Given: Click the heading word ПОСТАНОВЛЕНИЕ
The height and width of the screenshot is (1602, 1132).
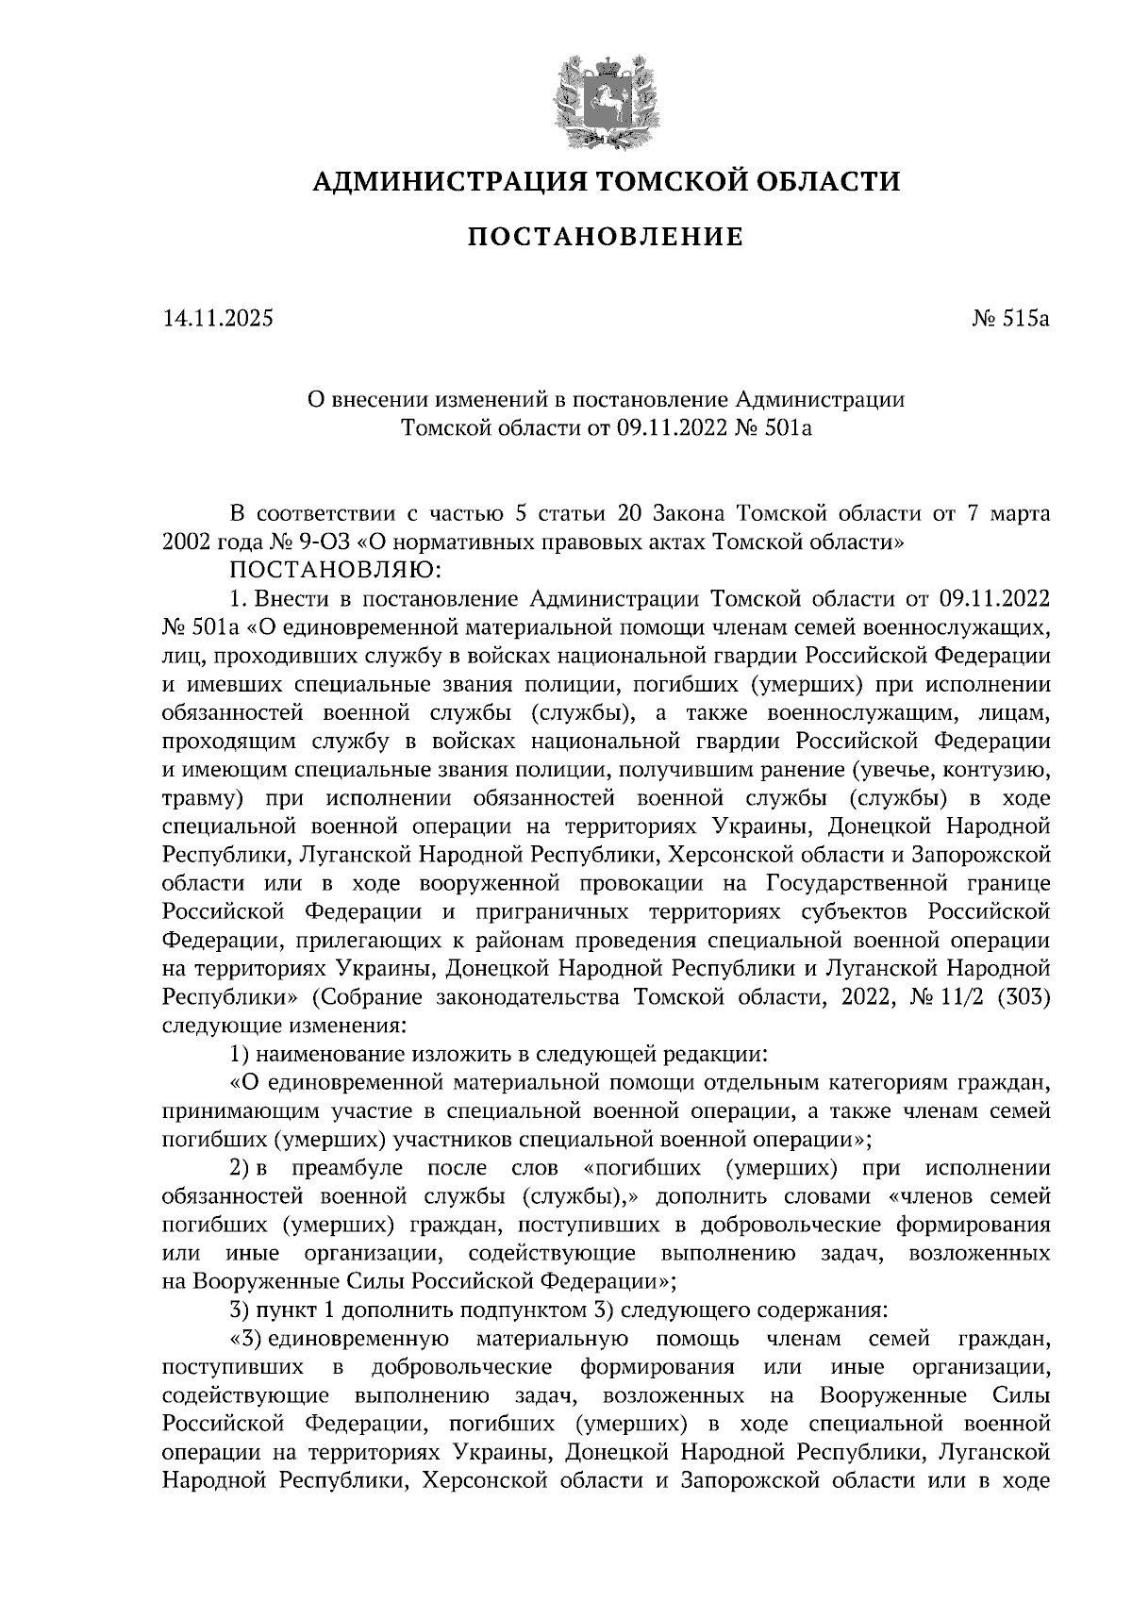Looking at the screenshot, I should pyautogui.click(x=605, y=237).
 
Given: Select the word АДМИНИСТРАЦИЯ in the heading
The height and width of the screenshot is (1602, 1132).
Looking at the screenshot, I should pyautogui.click(x=446, y=179).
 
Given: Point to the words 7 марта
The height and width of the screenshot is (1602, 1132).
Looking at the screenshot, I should pyautogui.click(x=1008, y=514).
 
